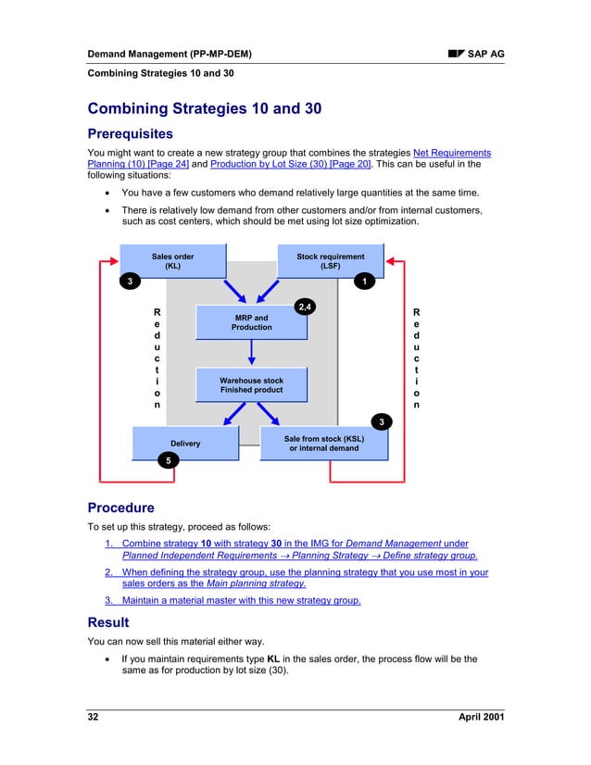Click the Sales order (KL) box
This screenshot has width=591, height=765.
[172, 260]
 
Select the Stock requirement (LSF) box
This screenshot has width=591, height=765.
[330, 260]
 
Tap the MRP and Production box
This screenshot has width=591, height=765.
[251, 322]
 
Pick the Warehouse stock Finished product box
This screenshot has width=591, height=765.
[251, 385]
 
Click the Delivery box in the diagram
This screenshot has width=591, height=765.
[185, 444]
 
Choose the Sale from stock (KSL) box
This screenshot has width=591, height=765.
[323, 443]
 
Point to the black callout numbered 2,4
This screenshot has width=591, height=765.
[304, 306]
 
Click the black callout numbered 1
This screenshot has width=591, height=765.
[366, 281]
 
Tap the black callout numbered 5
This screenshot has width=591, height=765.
[168, 460]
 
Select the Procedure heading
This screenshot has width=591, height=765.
[120, 508]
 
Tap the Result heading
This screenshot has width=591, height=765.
[108, 622]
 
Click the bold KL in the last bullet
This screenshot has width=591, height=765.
[273, 659]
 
